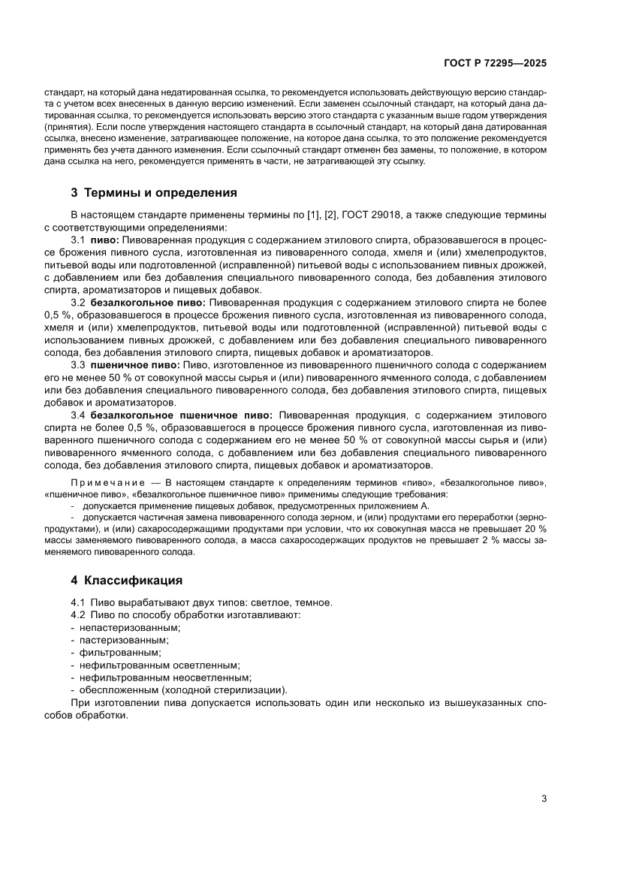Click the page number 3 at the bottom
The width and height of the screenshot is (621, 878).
pos(544,798)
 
